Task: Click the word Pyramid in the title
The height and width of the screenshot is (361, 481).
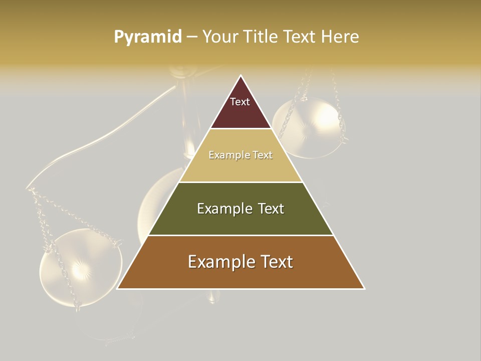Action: pos(147,37)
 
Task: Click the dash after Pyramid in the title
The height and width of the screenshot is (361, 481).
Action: pos(192,37)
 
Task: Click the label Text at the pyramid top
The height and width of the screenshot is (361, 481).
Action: pos(240,102)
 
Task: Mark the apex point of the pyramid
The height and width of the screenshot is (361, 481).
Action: pos(241,76)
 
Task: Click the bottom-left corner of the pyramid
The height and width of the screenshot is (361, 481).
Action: pos(117,288)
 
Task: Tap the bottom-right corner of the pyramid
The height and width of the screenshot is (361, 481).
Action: pos(364,288)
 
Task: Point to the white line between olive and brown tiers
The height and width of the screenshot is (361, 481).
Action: pos(241,235)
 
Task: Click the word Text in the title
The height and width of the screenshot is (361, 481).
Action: pos(300,37)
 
